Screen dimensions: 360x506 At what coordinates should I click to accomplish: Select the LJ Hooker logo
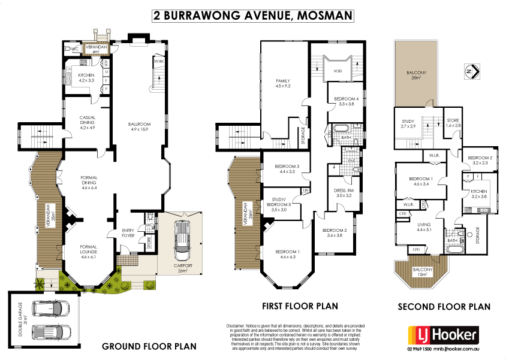[x=443, y=334]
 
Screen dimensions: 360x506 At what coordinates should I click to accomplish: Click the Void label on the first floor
[x=337, y=70]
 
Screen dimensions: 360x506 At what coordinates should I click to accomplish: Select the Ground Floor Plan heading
[x=149, y=346]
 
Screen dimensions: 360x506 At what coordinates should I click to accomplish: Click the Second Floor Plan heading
[x=444, y=307]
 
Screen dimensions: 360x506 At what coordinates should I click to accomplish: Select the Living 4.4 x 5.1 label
[x=424, y=228]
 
